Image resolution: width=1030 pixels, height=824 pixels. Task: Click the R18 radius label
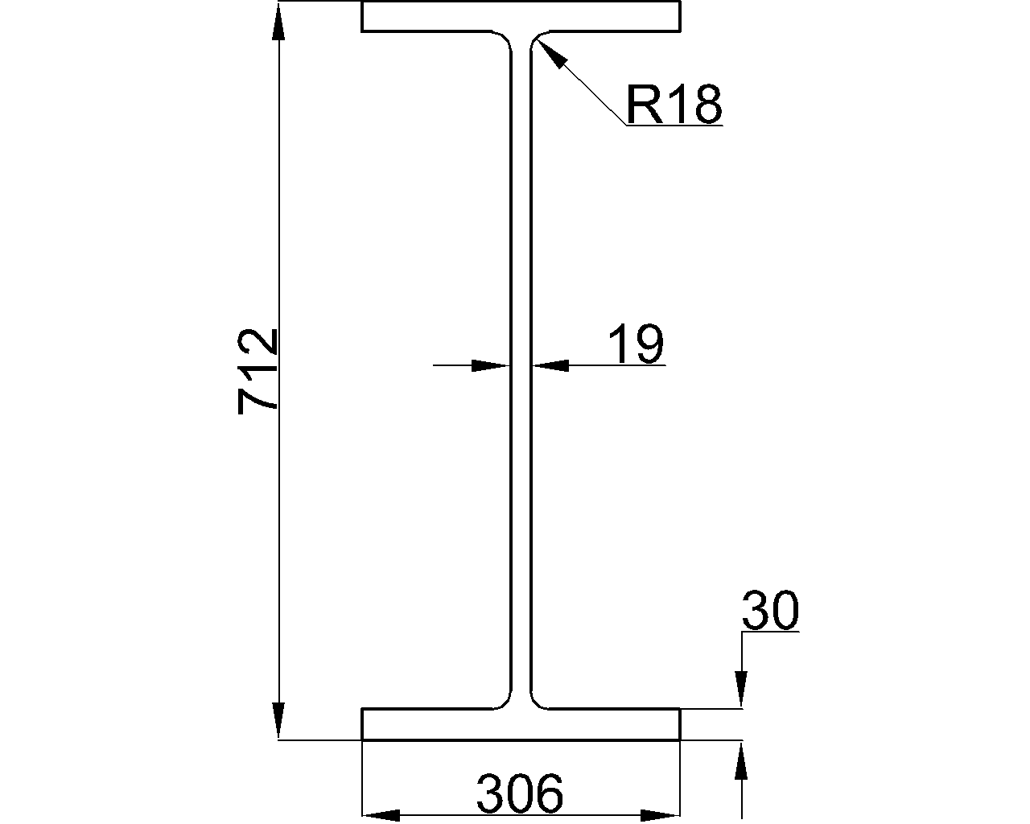coord(674,105)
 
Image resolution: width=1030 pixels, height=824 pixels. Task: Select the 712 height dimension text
coord(258,371)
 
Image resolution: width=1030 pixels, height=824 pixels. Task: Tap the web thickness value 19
coord(635,344)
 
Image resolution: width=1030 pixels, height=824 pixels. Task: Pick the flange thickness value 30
coord(770,611)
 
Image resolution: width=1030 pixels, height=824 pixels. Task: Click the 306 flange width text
coord(520,794)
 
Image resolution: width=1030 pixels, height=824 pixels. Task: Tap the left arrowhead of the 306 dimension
coord(382,815)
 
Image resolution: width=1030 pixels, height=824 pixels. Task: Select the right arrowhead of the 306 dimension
coord(660,815)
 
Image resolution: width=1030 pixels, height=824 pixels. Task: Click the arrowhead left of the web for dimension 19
coord(491,365)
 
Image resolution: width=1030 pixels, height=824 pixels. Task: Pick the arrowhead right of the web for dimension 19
coord(550,365)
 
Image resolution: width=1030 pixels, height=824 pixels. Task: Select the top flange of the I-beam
coord(521,17)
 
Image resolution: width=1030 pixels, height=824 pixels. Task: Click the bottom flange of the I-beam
coord(521,724)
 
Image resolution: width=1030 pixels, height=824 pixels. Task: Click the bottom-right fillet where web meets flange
coord(537,702)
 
